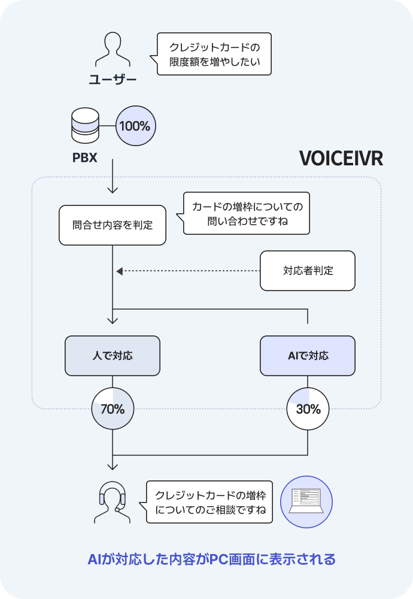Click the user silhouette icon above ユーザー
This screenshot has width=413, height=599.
pyautogui.click(x=113, y=50)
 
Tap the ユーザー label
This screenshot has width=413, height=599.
pyautogui.click(x=113, y=79)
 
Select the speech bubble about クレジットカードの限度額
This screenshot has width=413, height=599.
pyautogui.click(x=214, y=54)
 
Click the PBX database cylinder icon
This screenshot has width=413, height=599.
pyautogui.click(x=84, y=126)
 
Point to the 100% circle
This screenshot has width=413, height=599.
pyautogui.click(x=135, y=126)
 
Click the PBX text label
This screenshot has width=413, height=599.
pyautogui.click(x=84, y=159)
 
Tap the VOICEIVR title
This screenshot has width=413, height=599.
pyautogui.click(x=340, y=158)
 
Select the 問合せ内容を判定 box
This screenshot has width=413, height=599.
pyautogui.click(x=113, y=225)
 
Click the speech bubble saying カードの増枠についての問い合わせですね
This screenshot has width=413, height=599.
pyautogui.click(x=246, y=214)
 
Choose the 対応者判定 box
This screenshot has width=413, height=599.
pyautogui.click(x=308, y=271)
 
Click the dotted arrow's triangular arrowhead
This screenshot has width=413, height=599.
pyautogui.click(x=119, y=271)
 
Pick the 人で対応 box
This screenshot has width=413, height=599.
pyautogui.click(x=113, y=356)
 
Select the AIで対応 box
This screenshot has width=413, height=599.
pyautogui.click(x=308, y=356)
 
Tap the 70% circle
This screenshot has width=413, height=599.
pyautogui.click(x=113, y=410)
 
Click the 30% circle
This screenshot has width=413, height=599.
pyautogui.click(x=308, y=410)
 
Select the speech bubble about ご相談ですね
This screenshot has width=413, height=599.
pyautogui.click(x=209, y=503)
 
